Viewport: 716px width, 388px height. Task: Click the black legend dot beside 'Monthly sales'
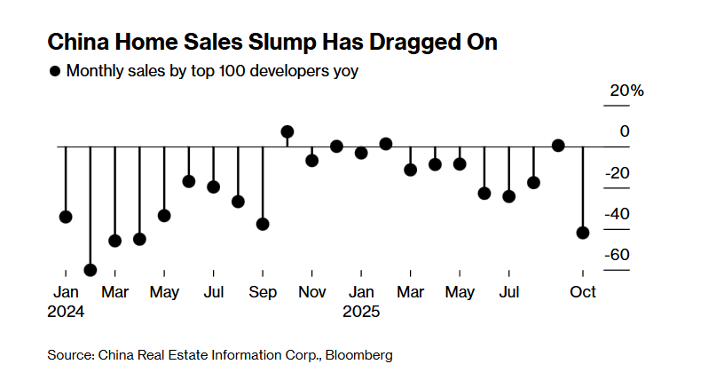(x=56, y=71)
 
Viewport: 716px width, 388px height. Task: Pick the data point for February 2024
(x=90, y=270)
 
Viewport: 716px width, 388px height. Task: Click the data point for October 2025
(x=583, y=233)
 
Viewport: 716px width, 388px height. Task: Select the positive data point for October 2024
(x=287, y=131)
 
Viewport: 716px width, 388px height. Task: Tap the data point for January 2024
(x=65, y=217)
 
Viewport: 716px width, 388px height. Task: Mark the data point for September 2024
(x=263, y=224)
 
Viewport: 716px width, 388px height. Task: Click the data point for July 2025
(x=508, y=196)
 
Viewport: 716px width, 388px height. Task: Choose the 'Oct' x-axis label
(x=583, y=291)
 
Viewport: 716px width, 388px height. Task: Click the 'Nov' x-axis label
(x=311, y=291)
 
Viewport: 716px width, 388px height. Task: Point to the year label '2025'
(x=361, y=312)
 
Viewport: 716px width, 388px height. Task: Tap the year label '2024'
(x=66, y=312)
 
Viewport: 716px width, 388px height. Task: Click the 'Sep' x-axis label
(x=263, y=291)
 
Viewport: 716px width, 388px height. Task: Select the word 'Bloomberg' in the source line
(x=359, y=355)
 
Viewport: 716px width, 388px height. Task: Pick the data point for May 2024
(x=163, y=215)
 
